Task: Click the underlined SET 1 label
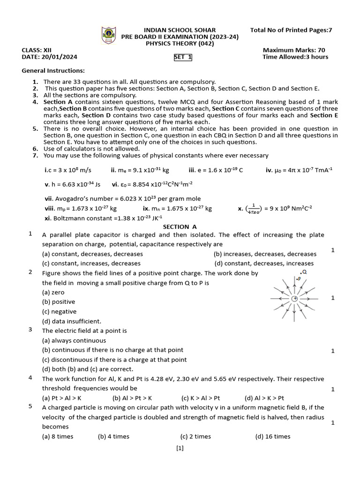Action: point(183,57)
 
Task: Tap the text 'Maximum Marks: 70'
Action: point(294,50)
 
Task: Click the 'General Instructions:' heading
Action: point(53,71)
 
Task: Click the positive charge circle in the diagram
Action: point(294,299)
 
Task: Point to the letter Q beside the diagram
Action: point(304,272)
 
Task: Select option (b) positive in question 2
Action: point(59,302)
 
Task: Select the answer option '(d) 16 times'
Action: point(273,436)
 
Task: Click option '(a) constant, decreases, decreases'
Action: point(92,254)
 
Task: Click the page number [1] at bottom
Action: point(180,448)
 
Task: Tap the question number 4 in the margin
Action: point(30,377)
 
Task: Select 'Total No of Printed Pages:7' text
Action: point(291,30)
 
